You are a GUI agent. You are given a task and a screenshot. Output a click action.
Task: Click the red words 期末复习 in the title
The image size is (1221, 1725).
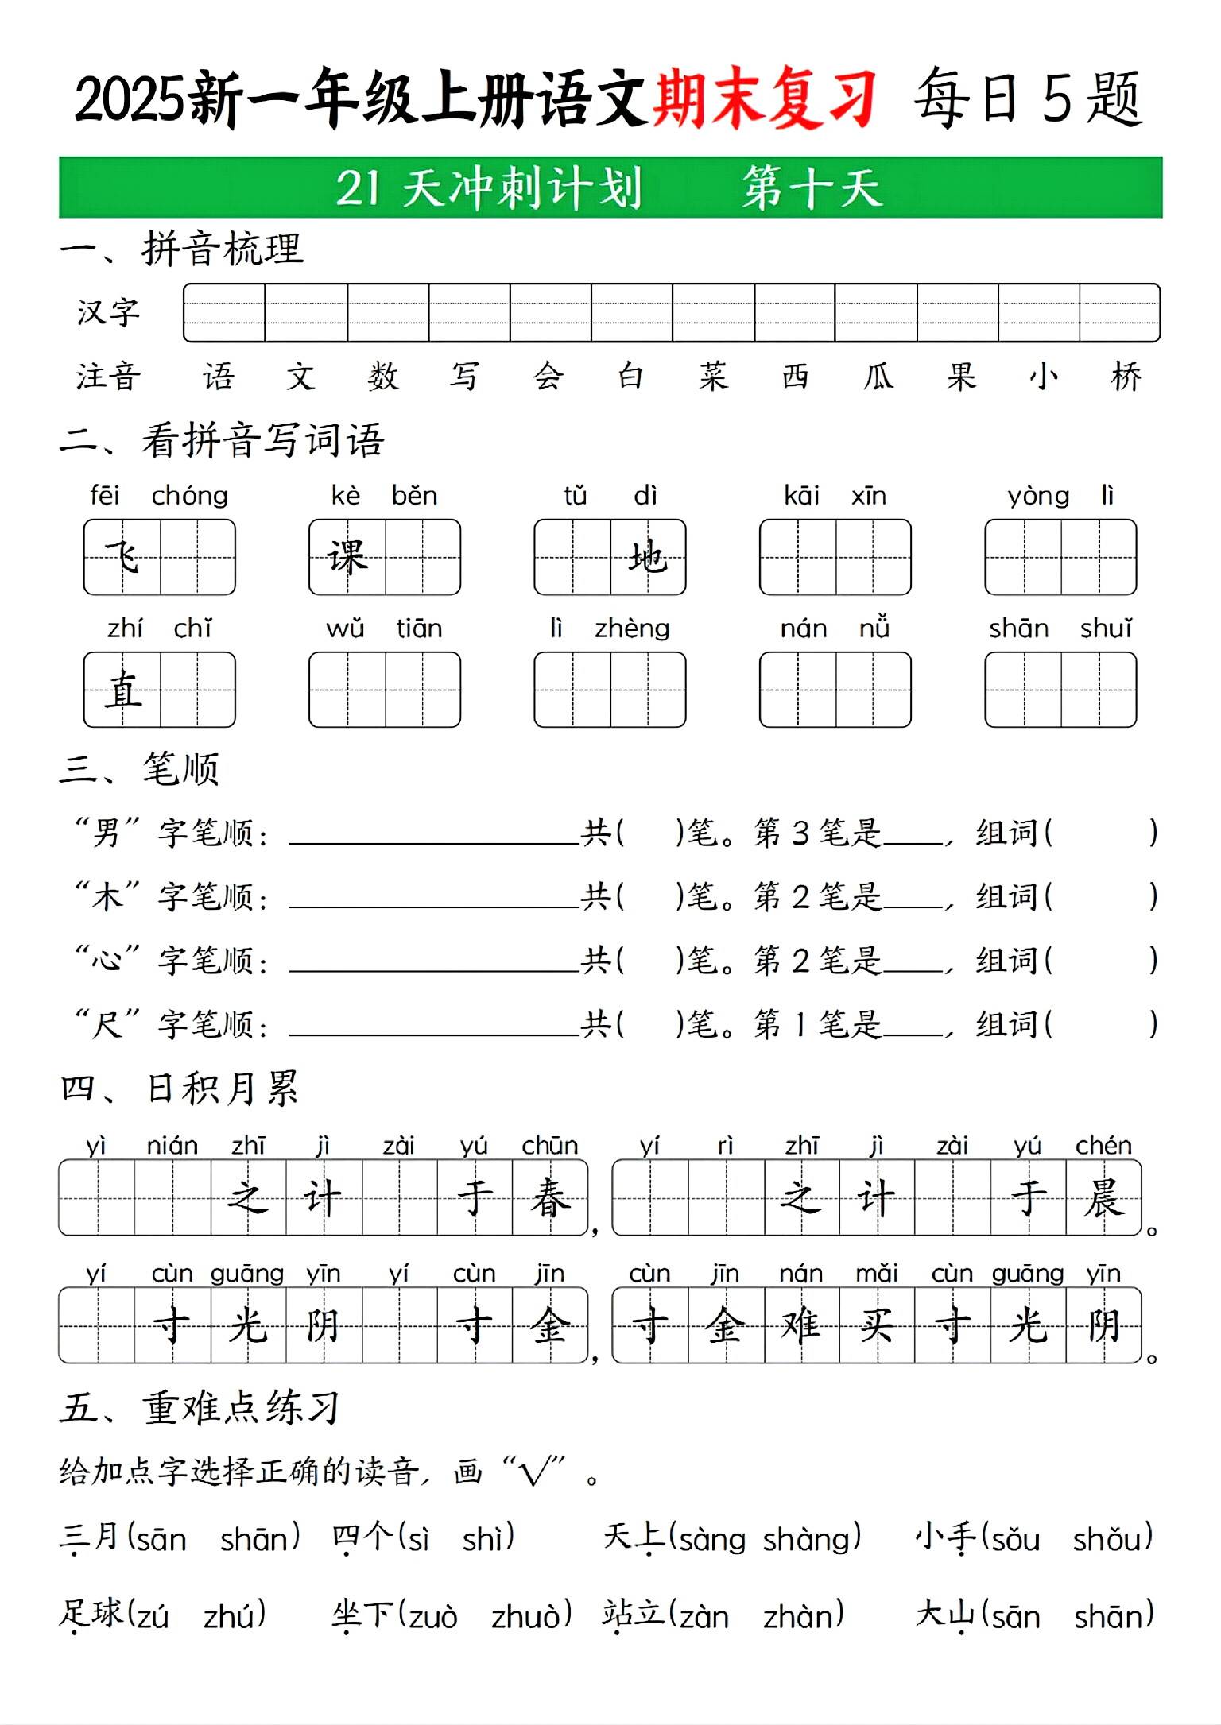(x=765, y=99)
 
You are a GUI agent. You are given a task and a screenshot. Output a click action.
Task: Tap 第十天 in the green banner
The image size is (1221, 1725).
(x=812, y=188)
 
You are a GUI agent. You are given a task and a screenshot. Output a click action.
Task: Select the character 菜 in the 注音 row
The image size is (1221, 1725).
(x=713, y=377)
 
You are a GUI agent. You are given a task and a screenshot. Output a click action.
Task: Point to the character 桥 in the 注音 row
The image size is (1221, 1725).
(x=1126, y=377)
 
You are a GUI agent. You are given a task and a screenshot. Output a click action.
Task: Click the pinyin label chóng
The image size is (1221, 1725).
(x=190, y=496)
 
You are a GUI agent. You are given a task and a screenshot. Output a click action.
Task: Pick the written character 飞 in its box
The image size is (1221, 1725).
(x=122, y=556)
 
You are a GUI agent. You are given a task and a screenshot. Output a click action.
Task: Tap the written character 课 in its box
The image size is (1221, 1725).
(x=347, y=556)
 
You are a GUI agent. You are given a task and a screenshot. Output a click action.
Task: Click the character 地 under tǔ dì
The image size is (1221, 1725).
(x=647, y=556)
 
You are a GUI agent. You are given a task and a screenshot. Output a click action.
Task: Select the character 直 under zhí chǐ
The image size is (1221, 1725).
(x=123, y=689)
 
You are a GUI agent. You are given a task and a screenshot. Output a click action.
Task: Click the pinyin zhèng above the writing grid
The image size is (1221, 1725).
(x=632, y=629)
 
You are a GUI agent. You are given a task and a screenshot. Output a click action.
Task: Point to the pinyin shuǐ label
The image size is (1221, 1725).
(x=1106, y=629)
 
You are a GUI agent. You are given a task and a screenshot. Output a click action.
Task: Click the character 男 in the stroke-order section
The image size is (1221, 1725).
(x=106, y=833)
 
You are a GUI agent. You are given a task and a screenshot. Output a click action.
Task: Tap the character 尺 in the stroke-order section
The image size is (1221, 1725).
(x=106, y=1024)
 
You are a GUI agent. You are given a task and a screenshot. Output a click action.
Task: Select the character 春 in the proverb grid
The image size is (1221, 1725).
(x=550, y=1197)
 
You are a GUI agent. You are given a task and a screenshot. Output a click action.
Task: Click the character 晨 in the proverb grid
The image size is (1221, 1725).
(x=1103, y=1197)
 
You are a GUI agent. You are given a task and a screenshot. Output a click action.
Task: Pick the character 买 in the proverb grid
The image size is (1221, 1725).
(x=877, y=1325)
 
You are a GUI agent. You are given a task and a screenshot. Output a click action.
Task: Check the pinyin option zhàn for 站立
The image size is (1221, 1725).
(x=802, y=1616)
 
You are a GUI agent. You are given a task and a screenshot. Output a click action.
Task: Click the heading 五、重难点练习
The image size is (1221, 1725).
(x=200, y=1407)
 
